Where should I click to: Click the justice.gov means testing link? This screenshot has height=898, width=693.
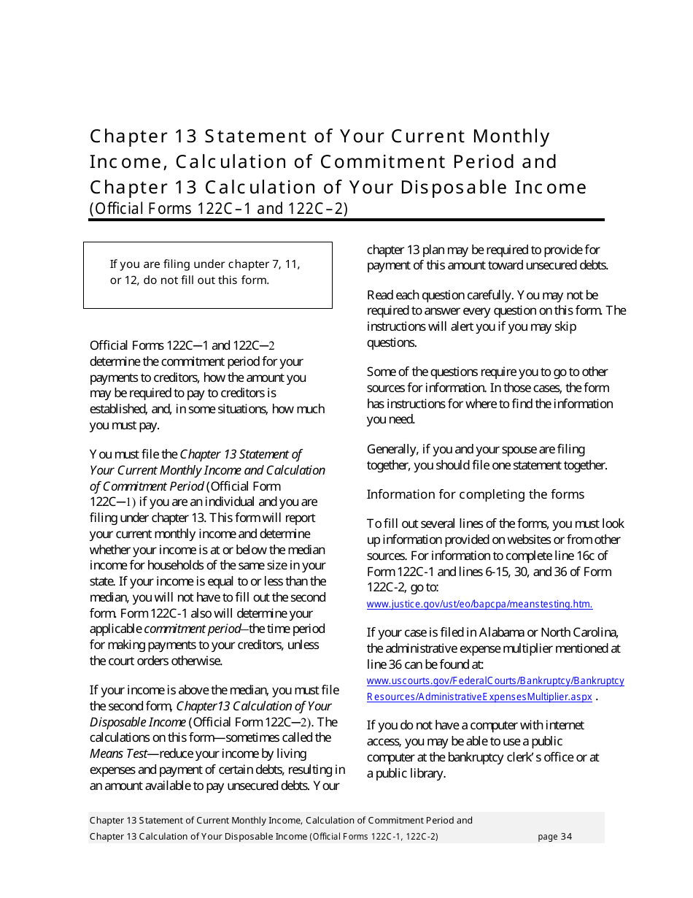point(479,604)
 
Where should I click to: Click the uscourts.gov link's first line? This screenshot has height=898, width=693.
point(495,680)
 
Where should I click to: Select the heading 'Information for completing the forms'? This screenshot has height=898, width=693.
point(475,494)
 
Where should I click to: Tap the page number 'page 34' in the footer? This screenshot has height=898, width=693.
point(554,837)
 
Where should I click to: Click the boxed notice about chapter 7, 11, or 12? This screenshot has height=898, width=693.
point(207,272)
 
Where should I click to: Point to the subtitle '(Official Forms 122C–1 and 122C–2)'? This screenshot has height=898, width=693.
point(219,209)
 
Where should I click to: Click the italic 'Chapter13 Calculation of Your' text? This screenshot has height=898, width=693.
point(253,706)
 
